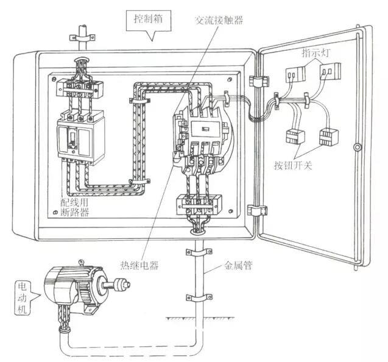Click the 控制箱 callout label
pos(149,18)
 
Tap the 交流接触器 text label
pos(219,20)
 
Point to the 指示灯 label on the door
pos(316,53)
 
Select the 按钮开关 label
pos(293,165)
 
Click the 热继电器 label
pos(139,265)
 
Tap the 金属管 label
pos(238,265)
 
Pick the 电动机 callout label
pos(23,298)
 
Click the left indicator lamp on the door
pos(295,74)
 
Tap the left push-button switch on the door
pos(295,137)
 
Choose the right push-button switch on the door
pos(329,137)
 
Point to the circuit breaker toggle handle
pos(72,138)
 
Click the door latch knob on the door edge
pos(357,147)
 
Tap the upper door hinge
pos(259,81)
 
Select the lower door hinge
pos(257,210)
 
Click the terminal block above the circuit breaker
pos(79,88)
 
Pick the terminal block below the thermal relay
pos(199,204)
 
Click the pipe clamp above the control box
pos(82,37)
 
